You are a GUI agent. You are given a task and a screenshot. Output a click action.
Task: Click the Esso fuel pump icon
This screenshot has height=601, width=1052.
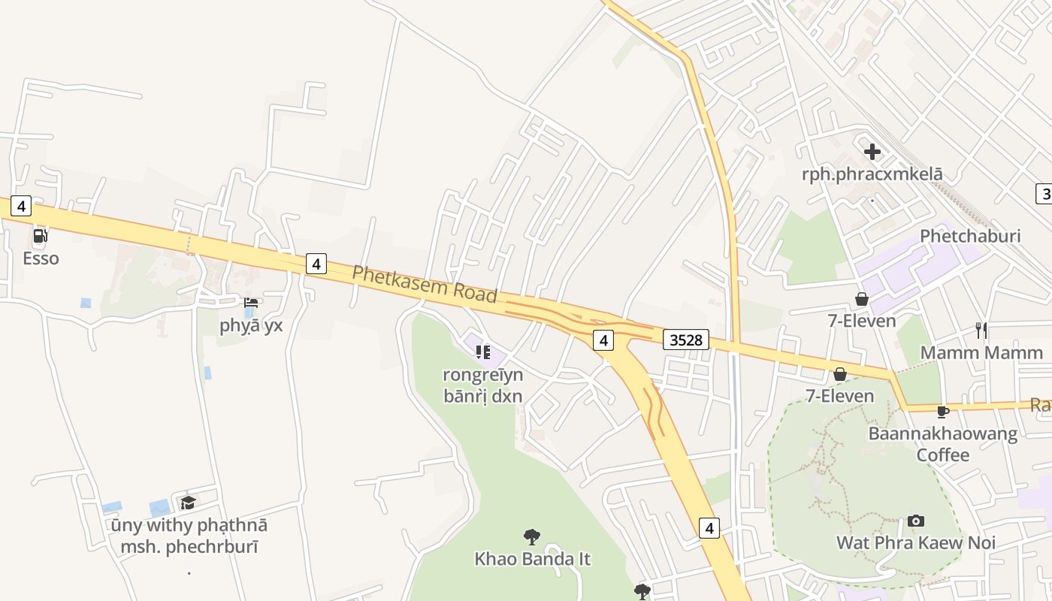point(41,236)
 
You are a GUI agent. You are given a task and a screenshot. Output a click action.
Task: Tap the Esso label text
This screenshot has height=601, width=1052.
point(41,258)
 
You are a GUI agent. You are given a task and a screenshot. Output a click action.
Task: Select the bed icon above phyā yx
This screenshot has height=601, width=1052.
point(251,303)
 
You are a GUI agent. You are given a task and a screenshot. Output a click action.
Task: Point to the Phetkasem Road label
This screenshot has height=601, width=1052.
point(425,283)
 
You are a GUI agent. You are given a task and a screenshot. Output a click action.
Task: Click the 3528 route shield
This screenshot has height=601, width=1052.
point(686,340)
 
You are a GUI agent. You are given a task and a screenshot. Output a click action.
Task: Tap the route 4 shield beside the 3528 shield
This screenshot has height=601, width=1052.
point(603,340)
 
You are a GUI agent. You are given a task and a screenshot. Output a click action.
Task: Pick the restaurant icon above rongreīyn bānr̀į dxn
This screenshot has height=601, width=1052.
point(482,351)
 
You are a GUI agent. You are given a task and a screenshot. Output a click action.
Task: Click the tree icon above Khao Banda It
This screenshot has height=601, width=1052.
point(532,536)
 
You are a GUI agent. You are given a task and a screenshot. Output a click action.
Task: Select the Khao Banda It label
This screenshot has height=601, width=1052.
point(532,559)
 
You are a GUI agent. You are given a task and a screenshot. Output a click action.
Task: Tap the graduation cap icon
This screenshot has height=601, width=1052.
point(188,502)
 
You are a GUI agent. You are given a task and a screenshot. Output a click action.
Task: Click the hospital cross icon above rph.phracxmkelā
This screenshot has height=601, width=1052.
point(872,152)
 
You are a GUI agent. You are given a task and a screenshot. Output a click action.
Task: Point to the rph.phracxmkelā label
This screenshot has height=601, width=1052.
point(872,174)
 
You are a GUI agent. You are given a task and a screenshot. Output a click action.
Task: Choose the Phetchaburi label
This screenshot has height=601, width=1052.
point(970,236)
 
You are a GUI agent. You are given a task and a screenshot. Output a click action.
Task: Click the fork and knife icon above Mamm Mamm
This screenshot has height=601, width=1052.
point(981,330)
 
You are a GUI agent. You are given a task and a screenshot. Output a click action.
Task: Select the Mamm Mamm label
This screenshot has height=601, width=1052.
point(971,352)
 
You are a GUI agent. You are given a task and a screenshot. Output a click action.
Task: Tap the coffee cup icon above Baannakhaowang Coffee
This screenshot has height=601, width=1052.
point(943,411)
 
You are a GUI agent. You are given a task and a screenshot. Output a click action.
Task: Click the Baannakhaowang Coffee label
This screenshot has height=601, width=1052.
point(943,444)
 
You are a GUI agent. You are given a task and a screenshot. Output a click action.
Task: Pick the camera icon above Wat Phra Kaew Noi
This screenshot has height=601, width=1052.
point(915,521)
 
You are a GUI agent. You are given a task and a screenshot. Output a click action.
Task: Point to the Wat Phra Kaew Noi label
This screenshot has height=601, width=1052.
point(915,542)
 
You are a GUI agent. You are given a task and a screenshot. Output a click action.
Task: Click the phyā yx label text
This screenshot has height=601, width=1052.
point(251,325)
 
